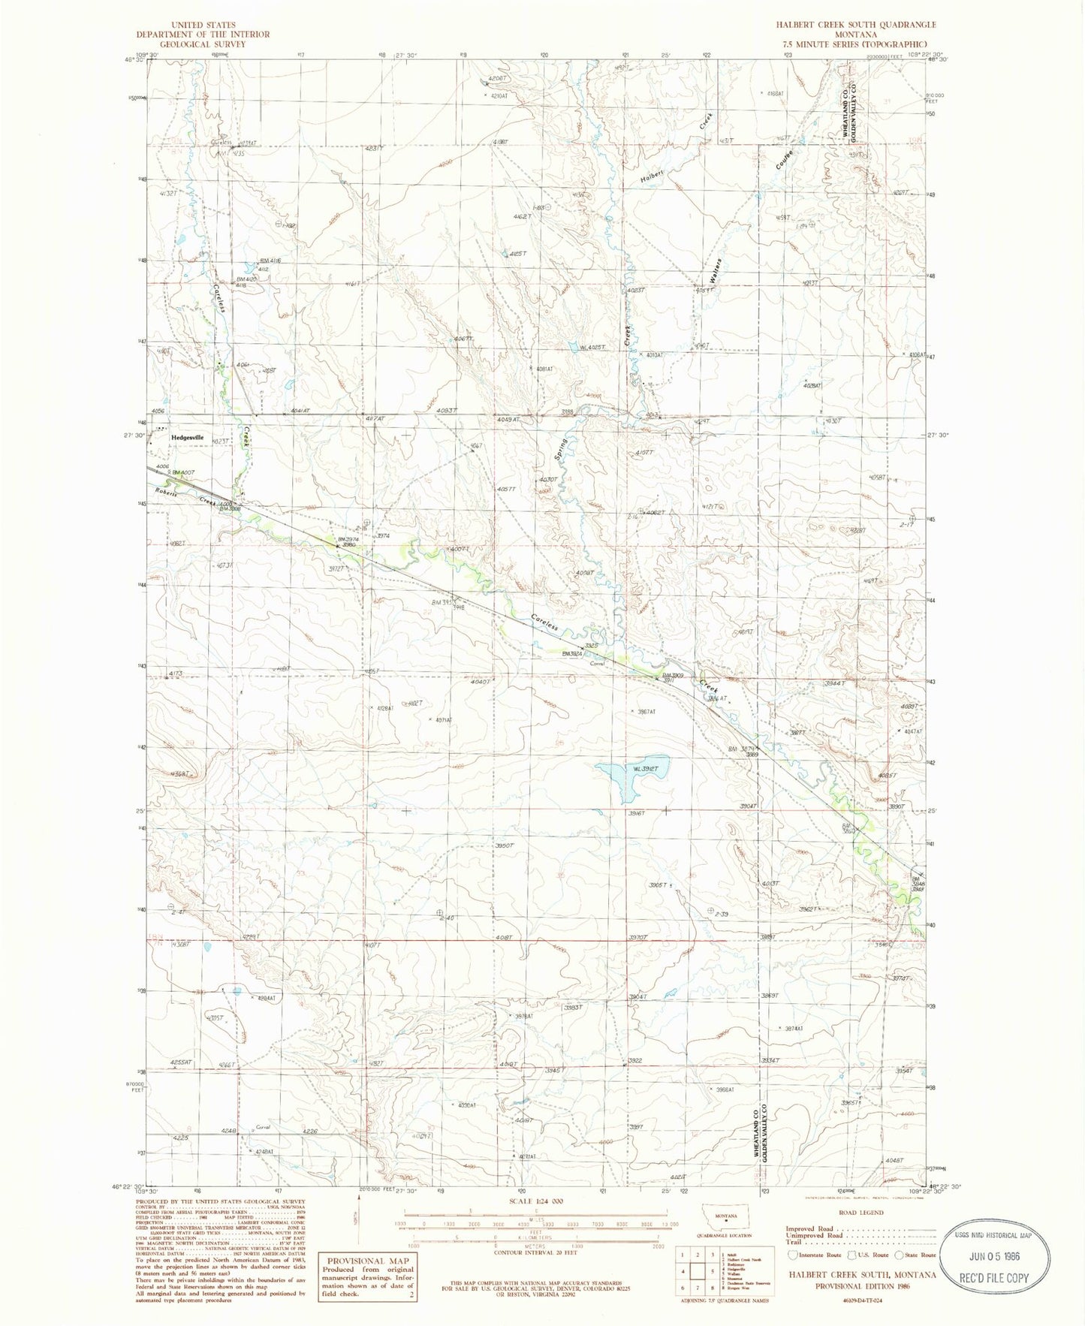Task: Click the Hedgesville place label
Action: [x=187, y=437]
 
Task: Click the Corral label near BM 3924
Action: [x=597, y=663]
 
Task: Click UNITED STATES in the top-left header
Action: [x=203, y=25]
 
